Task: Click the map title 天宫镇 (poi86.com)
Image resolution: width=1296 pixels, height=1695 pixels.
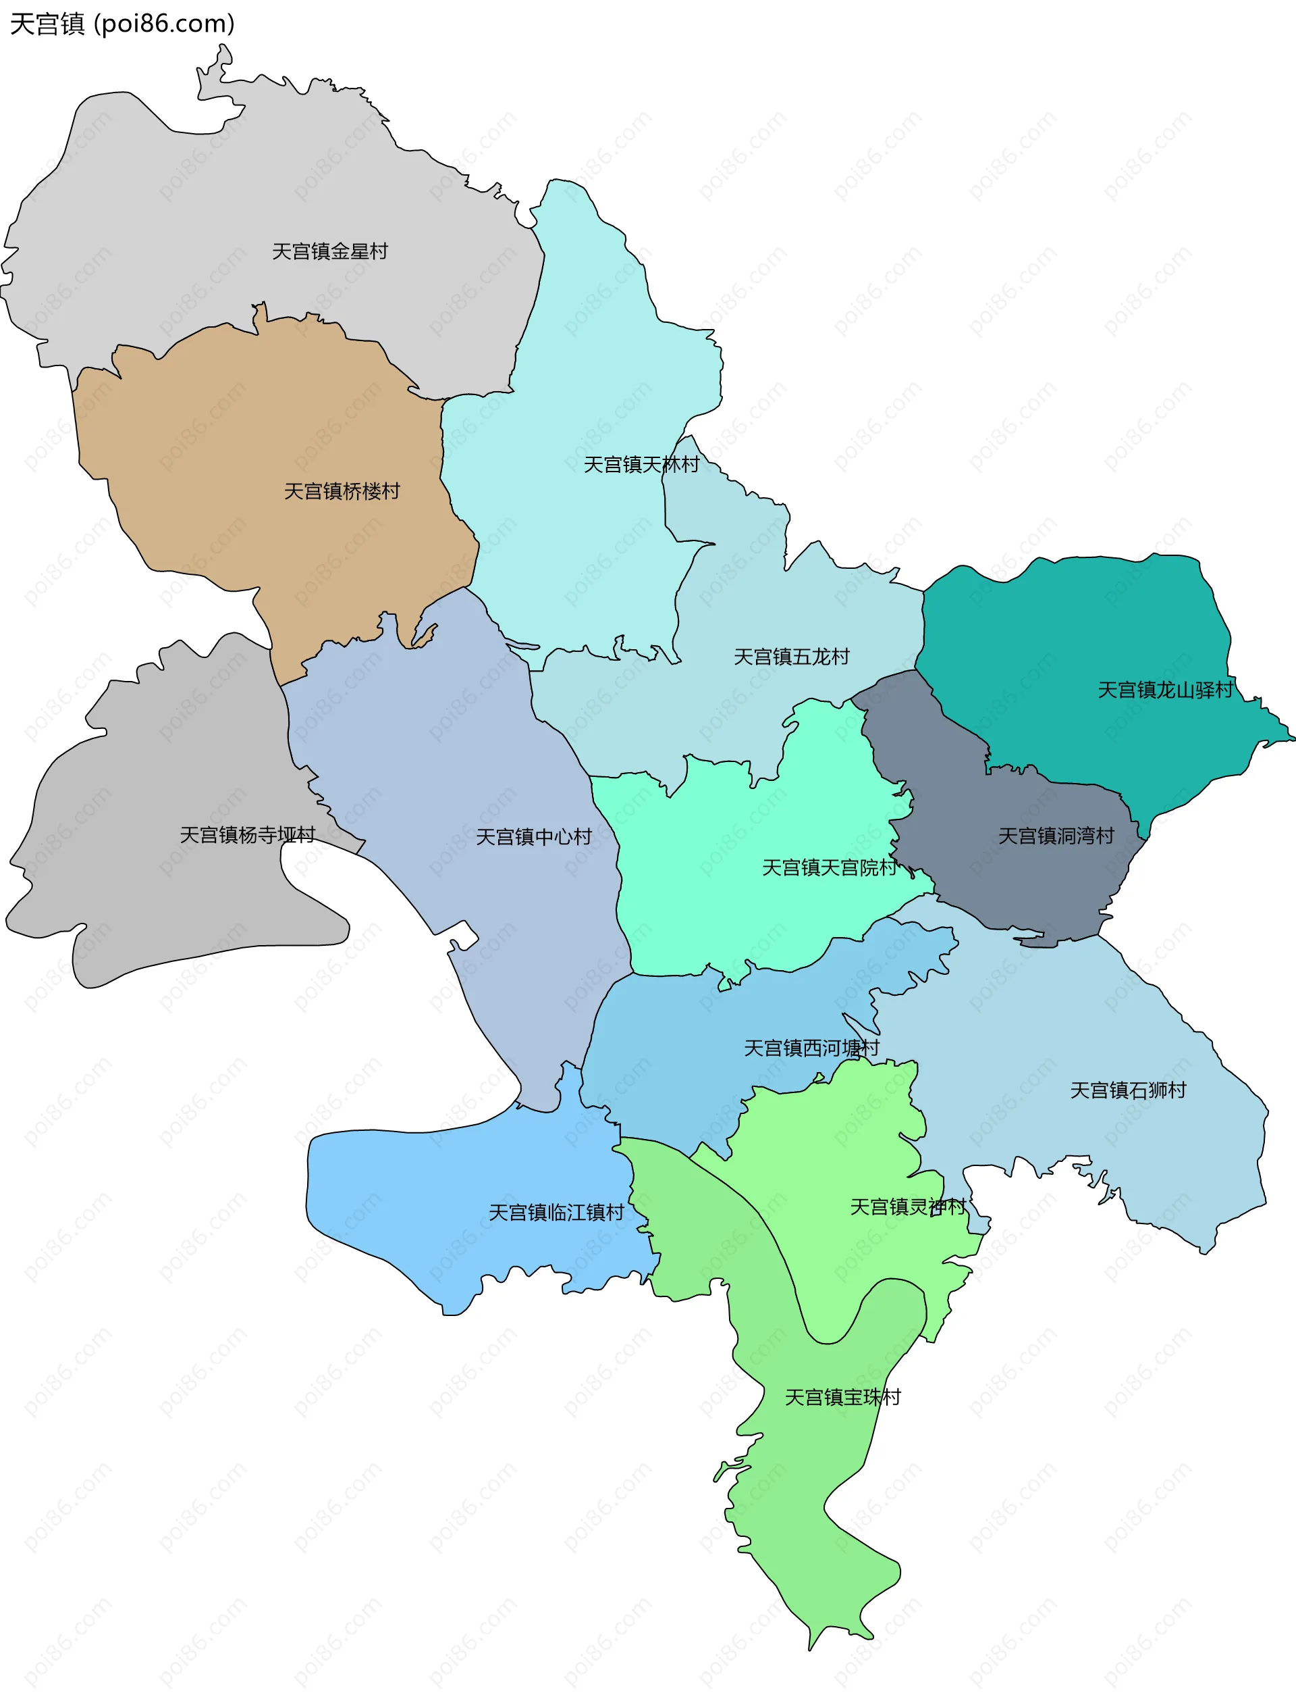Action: (122, 24)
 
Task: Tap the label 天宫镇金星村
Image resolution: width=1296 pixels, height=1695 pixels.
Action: (329, 251)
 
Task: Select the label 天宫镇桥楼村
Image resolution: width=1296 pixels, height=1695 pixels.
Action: (342, 492)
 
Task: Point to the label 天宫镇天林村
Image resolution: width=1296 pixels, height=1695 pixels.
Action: (641, 465)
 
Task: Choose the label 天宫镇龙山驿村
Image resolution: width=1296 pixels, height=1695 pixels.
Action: (1165, 690)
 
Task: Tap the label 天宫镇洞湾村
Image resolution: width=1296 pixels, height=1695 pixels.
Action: (1056, 836)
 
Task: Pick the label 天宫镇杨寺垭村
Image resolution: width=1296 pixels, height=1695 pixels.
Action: (248, 835)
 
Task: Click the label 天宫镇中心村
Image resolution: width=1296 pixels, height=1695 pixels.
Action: (534, 838)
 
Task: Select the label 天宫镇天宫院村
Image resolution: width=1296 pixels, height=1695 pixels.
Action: (830, 868)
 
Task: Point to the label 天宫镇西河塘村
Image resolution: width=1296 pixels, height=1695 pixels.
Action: (811, 1048)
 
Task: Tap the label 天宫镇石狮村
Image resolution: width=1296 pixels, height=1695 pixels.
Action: (1128, 1090)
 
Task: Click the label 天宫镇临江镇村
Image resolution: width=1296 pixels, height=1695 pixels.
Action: (556, 1213)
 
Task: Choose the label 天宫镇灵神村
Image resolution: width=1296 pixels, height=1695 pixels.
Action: (908, 1207)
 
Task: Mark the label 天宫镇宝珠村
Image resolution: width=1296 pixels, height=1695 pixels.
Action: (842, 1398)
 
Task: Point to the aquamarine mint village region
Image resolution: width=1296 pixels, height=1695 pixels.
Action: (733, 911)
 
